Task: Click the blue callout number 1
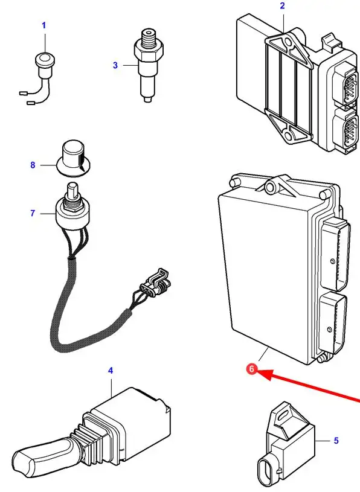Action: point(44,25)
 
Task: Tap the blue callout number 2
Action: point(282,5)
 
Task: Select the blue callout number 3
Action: point(115,65)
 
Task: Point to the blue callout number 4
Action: point(111,371)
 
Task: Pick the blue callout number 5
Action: point(336,441)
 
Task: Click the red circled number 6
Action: point(251,369)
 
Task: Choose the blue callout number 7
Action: point(33,213)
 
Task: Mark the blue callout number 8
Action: point(33,165)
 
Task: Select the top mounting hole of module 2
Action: point(286,42)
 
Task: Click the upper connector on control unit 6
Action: point(335,253)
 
